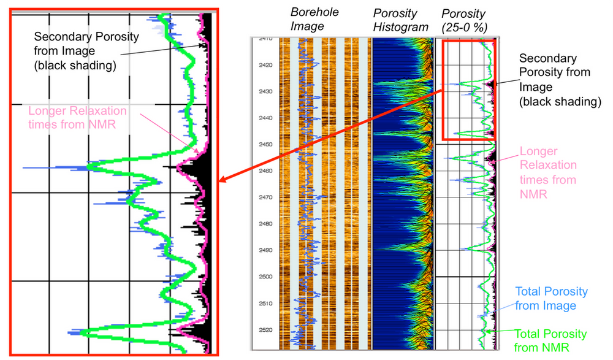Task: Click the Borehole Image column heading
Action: coord(314,19)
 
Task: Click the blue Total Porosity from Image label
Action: coord(551,298)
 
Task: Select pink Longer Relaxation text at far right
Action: coord(548,172)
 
